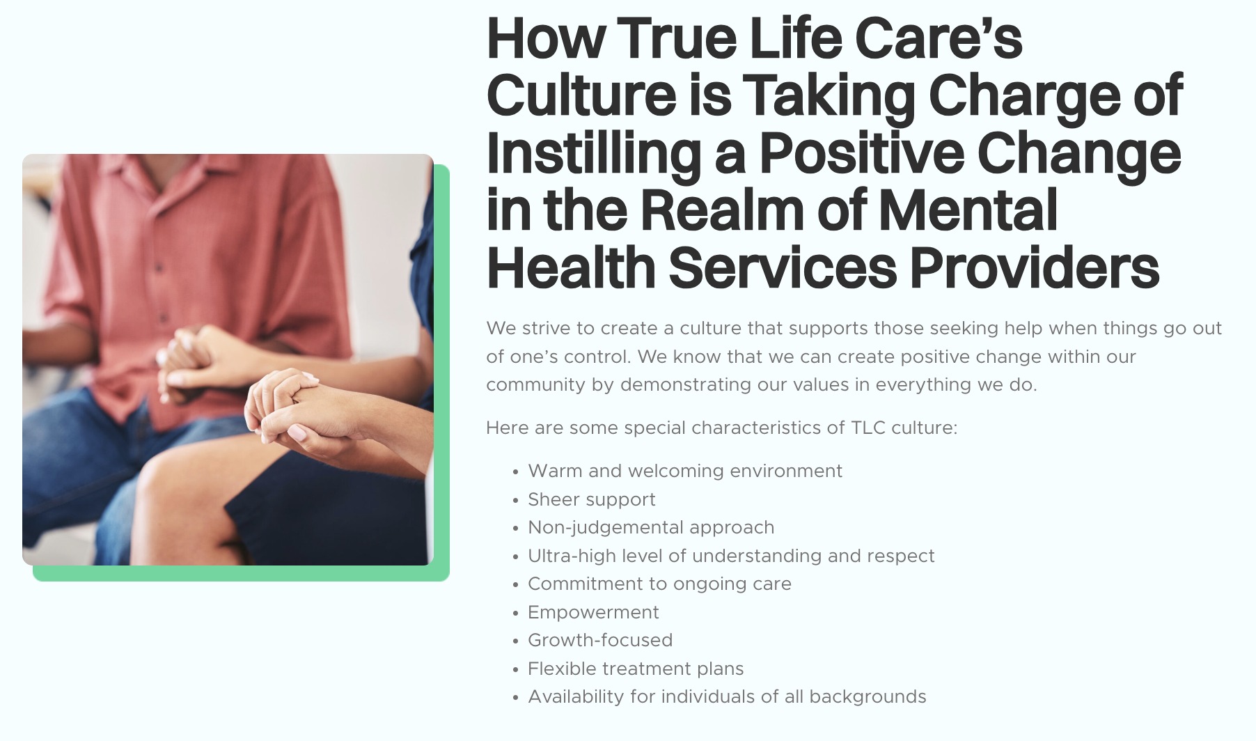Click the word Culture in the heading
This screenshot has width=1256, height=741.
(x=581, y=95)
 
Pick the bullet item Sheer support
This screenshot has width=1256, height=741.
(x=592, y=499)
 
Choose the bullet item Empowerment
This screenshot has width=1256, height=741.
(x=593, y=612)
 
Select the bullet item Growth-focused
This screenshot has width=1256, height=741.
(x=600, y=640)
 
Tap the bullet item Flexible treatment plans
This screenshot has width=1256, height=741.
(x=636, y=669)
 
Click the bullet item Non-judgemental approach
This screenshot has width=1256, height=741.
(x=651, y=528)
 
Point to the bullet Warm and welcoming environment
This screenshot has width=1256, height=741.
(x=685, y=471)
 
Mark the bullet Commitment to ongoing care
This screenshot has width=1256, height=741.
(x=659, y=584)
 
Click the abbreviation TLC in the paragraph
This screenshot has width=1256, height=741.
(x=868, y=428)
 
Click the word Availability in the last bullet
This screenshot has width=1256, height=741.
(x=576, y=696)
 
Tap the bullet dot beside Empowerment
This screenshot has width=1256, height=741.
(x=515, y=614)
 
